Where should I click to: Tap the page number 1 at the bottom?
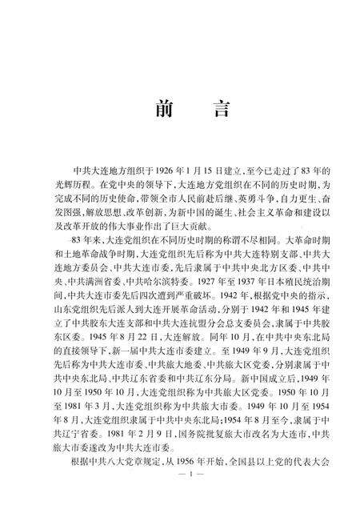179,496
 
